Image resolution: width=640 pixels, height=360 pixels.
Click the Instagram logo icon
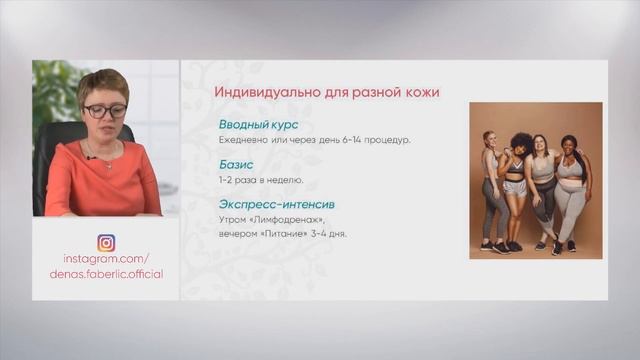[106, 243]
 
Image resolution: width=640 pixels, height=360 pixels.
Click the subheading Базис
[237, 165]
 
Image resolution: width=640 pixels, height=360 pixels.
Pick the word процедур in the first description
[385, 140]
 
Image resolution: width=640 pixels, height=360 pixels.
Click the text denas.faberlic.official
[106, 273]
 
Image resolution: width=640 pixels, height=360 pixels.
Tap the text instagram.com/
[106, 258]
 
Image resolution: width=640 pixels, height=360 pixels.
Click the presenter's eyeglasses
[103, 110]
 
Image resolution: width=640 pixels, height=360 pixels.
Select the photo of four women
[536, 180]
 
